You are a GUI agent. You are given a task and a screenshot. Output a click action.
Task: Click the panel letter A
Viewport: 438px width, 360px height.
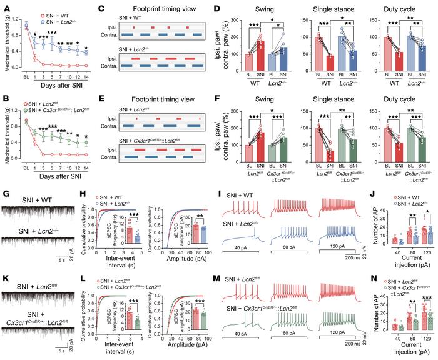5,5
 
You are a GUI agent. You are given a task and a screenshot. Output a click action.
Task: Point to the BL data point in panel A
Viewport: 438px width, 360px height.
26,24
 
